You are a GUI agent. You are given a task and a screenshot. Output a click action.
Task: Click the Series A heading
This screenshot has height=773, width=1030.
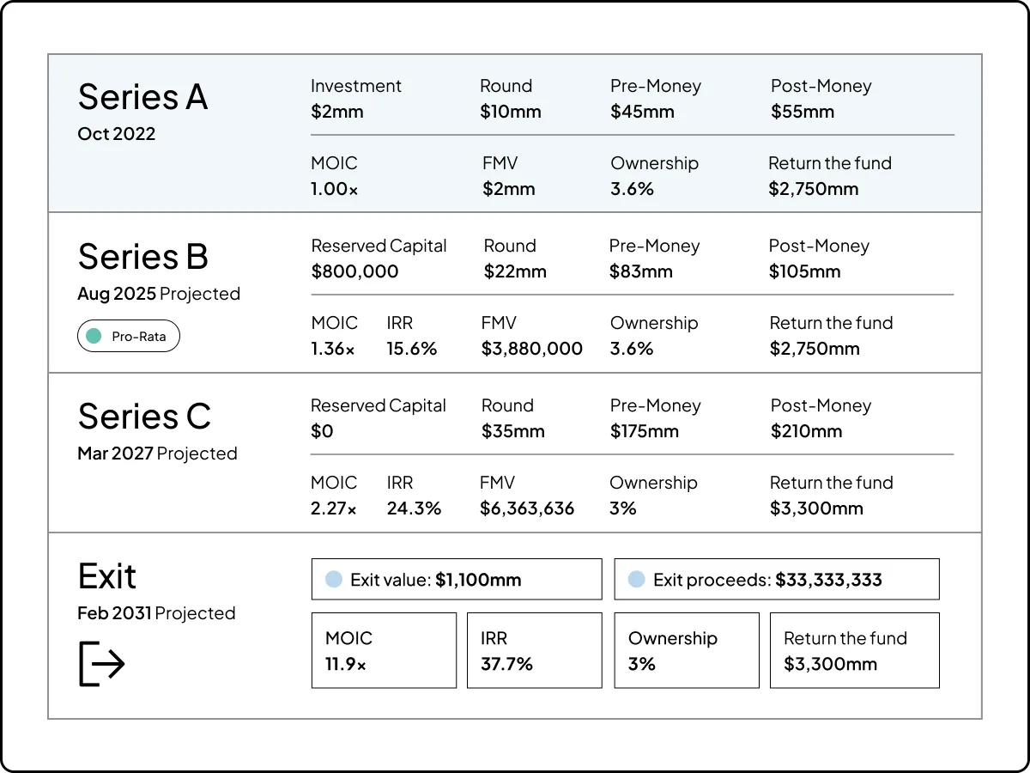click(x=142, y=97)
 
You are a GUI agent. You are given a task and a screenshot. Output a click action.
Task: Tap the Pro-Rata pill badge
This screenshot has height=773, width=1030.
click(x=128, y=337)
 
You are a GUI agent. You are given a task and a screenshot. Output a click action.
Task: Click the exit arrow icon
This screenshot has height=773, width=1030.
click(x=102, y=663)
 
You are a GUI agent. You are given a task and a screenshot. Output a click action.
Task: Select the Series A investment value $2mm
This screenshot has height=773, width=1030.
click(x=336, y=112)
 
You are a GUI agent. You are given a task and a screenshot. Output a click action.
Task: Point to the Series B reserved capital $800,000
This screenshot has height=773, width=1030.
click(x=354, y=271)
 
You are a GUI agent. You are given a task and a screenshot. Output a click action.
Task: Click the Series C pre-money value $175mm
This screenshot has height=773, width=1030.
click(x=644, y=431)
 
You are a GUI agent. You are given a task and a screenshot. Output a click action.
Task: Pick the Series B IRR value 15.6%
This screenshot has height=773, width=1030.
click(x=411, y=349)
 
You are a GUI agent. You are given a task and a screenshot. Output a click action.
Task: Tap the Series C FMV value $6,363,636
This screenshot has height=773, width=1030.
click(x=527, y=508)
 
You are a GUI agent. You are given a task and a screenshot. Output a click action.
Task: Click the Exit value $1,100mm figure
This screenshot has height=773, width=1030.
click(x=478, y=580)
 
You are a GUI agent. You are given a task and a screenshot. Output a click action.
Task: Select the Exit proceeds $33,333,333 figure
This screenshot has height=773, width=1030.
click(x=828, y=580)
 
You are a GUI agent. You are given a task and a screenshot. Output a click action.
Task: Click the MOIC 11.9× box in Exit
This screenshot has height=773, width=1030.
click(x=384, y=650)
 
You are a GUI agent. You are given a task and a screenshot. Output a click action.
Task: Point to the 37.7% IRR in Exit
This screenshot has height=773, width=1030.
click(x=506, y=664)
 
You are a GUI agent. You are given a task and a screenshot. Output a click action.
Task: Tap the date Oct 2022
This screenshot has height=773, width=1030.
click(x=116, y=134)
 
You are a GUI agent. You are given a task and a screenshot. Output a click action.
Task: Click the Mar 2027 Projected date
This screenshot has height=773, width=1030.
click(x=157, y=453)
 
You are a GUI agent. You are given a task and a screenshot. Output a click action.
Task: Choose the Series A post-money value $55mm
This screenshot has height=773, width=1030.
click(x=802, y=112)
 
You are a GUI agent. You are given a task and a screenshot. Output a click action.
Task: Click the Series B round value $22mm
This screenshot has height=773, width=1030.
click(x=515, y=271)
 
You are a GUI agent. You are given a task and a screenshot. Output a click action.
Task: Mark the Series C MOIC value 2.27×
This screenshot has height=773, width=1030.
click(x=333, y=508)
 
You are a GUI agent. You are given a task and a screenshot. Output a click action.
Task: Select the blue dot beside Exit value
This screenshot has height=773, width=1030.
click(x=334, y=580)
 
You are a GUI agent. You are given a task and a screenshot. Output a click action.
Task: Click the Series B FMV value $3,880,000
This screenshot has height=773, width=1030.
click(x=531, y=349)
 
